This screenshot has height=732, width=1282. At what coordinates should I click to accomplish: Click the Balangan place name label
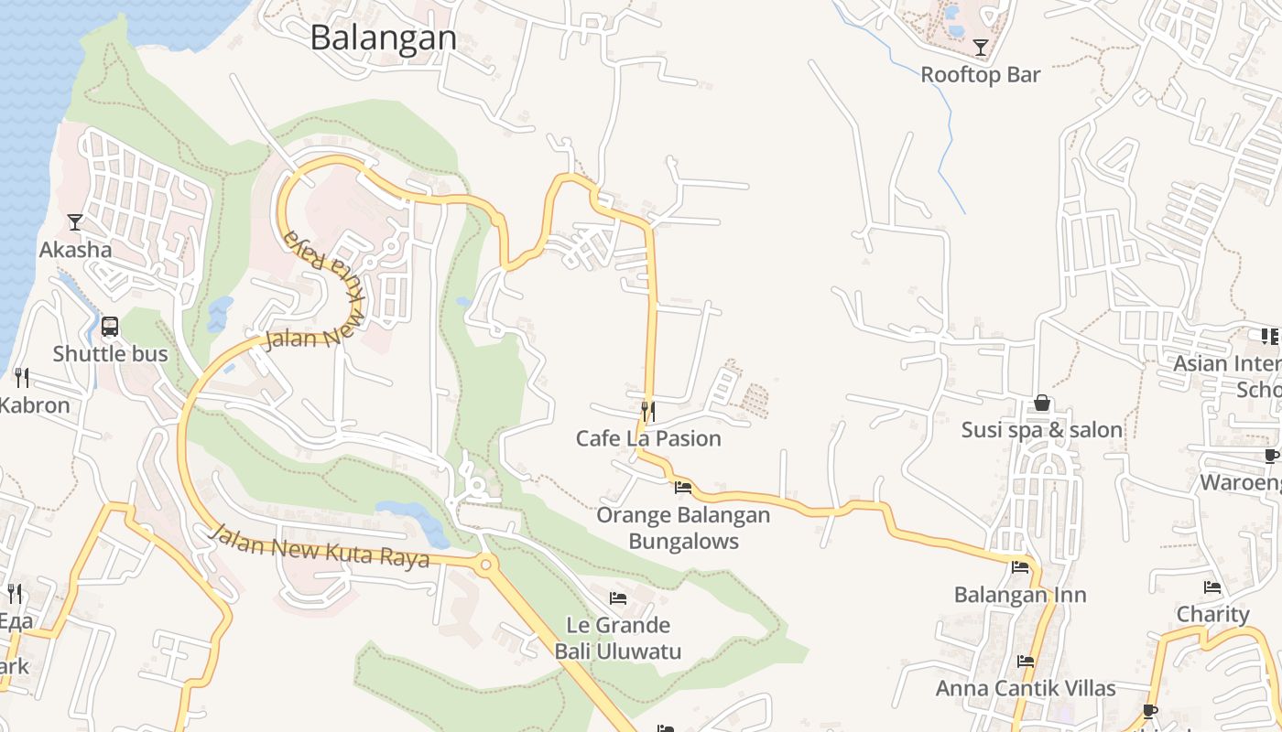(383, 38)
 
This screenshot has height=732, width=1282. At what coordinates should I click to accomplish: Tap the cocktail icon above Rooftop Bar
(981, 48)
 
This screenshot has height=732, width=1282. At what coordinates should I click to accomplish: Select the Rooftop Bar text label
(981, 75)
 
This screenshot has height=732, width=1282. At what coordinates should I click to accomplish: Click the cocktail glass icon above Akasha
(75, 221)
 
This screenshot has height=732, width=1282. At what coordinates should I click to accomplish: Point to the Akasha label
(75, 249)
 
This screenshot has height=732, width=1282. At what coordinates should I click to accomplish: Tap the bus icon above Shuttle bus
(110, 326)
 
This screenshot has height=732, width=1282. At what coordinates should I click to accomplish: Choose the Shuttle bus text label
(110, 354)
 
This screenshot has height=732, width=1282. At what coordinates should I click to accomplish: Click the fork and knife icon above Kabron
(22, 376)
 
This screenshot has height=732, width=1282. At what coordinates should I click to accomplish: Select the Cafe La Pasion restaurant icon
(648, 411)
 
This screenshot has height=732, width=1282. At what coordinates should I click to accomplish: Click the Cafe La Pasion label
(648, 438)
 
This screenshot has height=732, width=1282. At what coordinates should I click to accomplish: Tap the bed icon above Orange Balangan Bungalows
(683, 488)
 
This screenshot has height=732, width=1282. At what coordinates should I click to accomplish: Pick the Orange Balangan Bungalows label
(683, 528)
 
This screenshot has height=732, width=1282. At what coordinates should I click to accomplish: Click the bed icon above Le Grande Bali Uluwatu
(618, 598)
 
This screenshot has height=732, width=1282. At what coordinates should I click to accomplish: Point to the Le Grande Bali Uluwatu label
(618, 639)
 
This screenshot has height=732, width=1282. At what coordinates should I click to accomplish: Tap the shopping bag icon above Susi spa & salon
(1042, 403)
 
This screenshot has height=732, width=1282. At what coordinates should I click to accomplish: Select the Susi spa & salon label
(1042, 430)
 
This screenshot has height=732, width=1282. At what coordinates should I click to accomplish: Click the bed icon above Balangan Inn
(1020, 567)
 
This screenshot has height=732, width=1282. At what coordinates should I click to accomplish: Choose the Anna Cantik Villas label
(1026, 688)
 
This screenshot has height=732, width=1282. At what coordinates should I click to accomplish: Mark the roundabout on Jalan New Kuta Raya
(485, 564)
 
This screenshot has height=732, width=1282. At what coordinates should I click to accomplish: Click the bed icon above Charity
(1213, 587)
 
